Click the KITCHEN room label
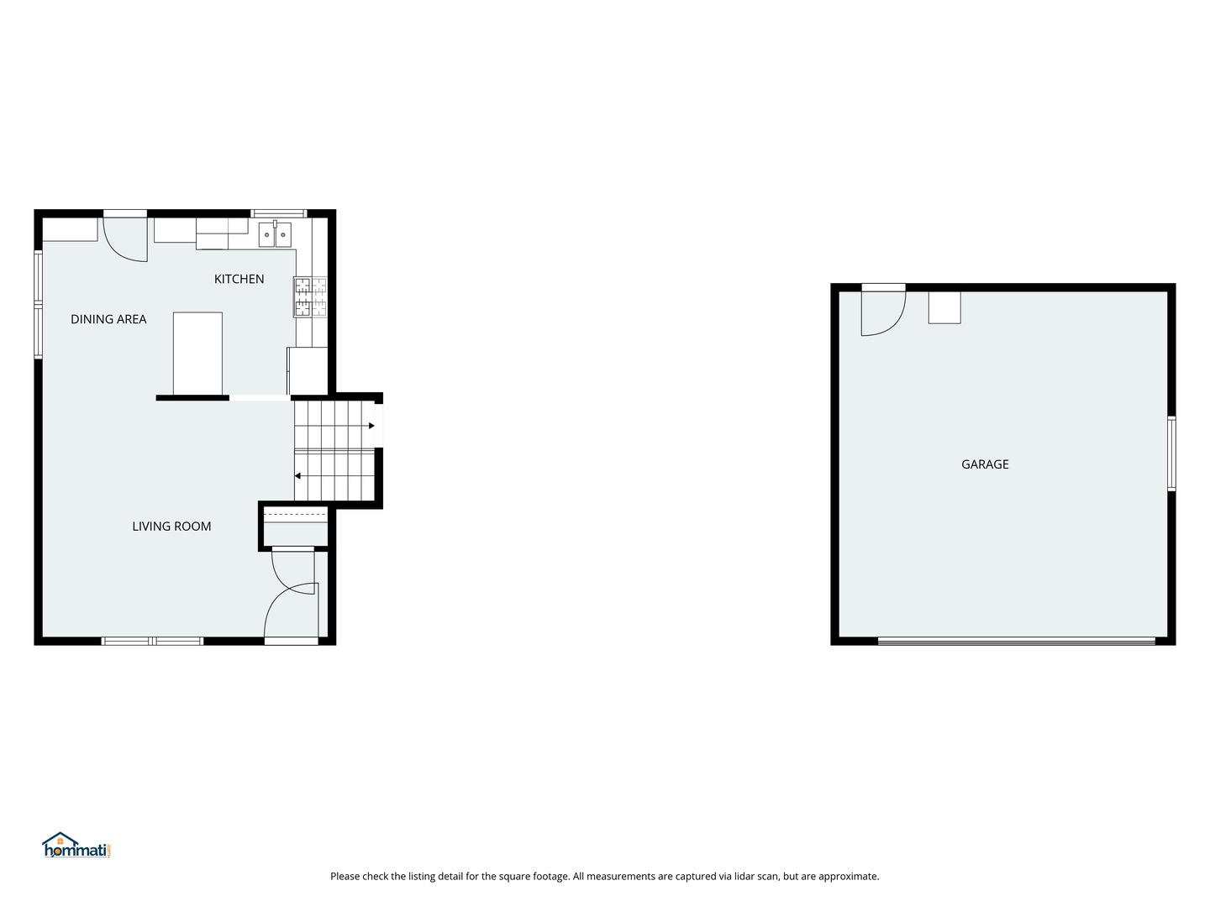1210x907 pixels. tap(239, 279)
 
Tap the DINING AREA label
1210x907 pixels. tap(108, 319)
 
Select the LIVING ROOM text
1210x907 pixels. tap(171, 527)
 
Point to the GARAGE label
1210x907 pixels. tap(985, 464)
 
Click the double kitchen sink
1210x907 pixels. tap(275, 235)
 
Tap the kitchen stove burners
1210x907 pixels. tap(310, 297)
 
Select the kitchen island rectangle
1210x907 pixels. tap(198, 354)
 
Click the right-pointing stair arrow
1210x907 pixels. tap(371, 426)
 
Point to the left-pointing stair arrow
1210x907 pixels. tap(297, 476)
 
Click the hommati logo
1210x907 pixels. tap(76, 846)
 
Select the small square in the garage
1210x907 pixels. tap(944, 307)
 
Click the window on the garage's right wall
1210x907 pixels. tap(1171, 453)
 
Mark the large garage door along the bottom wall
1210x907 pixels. tap(1016, 641)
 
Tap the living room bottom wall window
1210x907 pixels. tap(153, 641)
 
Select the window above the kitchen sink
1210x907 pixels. tap(279, 213)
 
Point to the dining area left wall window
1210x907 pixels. tap(38, 305)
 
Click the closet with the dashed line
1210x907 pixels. tap(296, 526)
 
